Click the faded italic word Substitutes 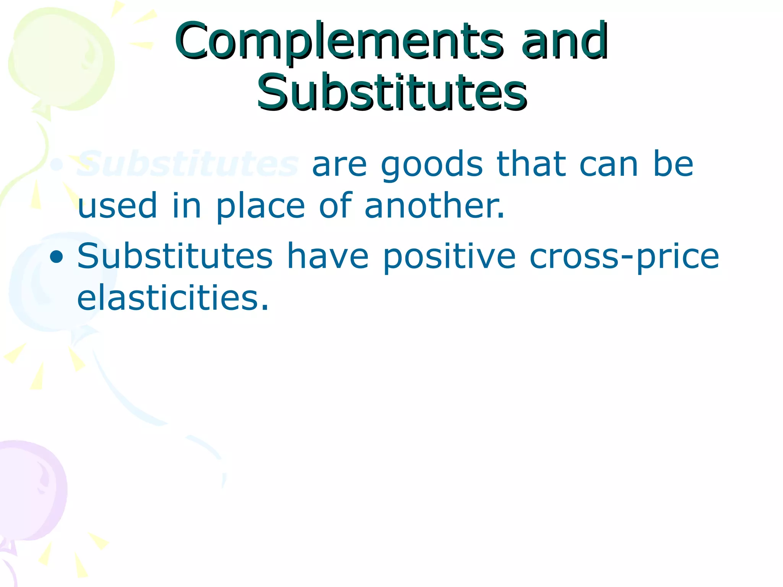pyautogui.click(x=188, y=164)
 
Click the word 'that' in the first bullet pyautogui.click(x=531, y=164)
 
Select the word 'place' pyautogui.click(x=260, y=206)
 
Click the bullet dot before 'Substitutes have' pyautogui.click(x=57, y=257)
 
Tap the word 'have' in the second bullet pyautogui.click(x=328, y=256)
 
